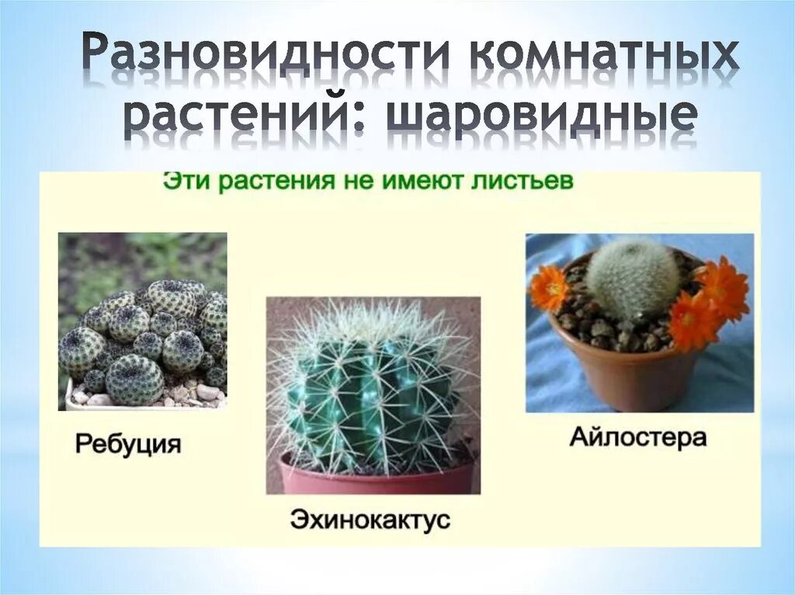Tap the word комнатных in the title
tap(606, 57)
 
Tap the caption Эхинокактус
tap(370, 518)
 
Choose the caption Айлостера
tap(638, 438)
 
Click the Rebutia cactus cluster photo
tap(143, 334)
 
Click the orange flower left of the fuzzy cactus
tap(549, 289)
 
